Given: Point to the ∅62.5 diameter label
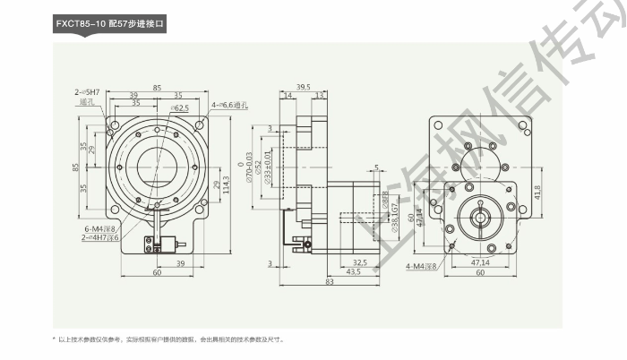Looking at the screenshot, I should tap(178, 107).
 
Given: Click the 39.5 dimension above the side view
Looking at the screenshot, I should tap(303, 88).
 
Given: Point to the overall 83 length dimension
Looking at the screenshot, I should tap(330, 282).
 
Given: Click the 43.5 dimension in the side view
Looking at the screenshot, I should tap(328, 272).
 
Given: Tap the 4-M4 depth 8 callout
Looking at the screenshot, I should tap(422, 266).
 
